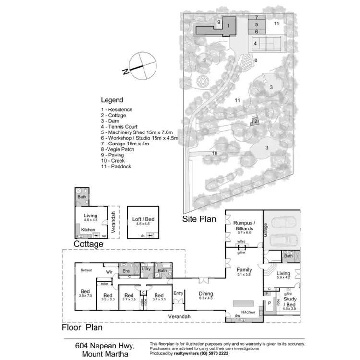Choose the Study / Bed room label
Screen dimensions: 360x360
289,301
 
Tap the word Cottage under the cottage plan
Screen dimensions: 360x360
88,244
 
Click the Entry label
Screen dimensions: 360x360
179,293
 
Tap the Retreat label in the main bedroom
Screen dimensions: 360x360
86,270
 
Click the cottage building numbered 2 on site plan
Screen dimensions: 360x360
256,122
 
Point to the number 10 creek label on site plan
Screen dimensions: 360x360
215,154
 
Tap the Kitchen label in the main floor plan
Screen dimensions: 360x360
248,312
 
